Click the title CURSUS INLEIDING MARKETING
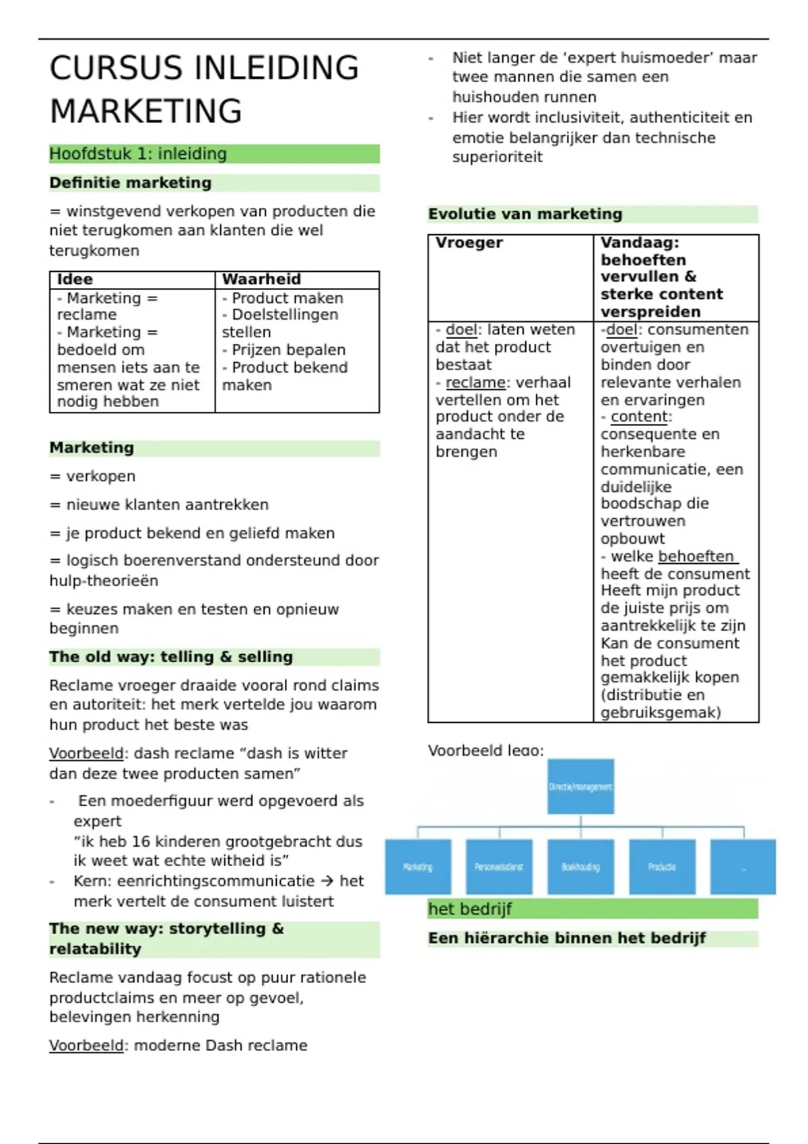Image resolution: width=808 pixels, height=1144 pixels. tap(204, 89)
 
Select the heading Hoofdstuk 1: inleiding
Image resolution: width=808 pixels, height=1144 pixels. tap(138, 153)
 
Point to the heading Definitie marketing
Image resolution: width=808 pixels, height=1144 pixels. tap(130, 183)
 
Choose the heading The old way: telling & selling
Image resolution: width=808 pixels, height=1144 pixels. tap(171, 657)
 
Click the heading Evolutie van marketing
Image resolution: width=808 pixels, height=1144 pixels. tap(525, 214)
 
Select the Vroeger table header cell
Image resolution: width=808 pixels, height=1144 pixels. tap(469, 243)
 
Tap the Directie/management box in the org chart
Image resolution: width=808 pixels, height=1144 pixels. tap(580, 787)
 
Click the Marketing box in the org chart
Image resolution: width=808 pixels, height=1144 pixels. tap(417, 867)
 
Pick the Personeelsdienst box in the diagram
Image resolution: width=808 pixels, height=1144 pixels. tap(499, 867)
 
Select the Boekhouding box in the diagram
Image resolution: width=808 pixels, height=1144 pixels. tap(580, 867)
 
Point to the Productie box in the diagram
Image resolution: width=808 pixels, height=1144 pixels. tap(662, 867)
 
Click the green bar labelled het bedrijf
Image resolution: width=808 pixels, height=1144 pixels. tap(593, 909)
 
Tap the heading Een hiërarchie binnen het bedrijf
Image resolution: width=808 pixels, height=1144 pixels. tap(567, 938)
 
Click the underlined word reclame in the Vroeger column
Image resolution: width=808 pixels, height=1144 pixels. tap(475, 382)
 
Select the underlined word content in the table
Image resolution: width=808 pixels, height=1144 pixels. tap(640, 417)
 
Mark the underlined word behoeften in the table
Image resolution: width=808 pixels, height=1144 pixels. tap(696, 557)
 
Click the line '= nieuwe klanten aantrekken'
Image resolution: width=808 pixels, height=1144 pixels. tap(159, 505)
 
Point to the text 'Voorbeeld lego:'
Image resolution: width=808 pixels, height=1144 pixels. tap(485, 750)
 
